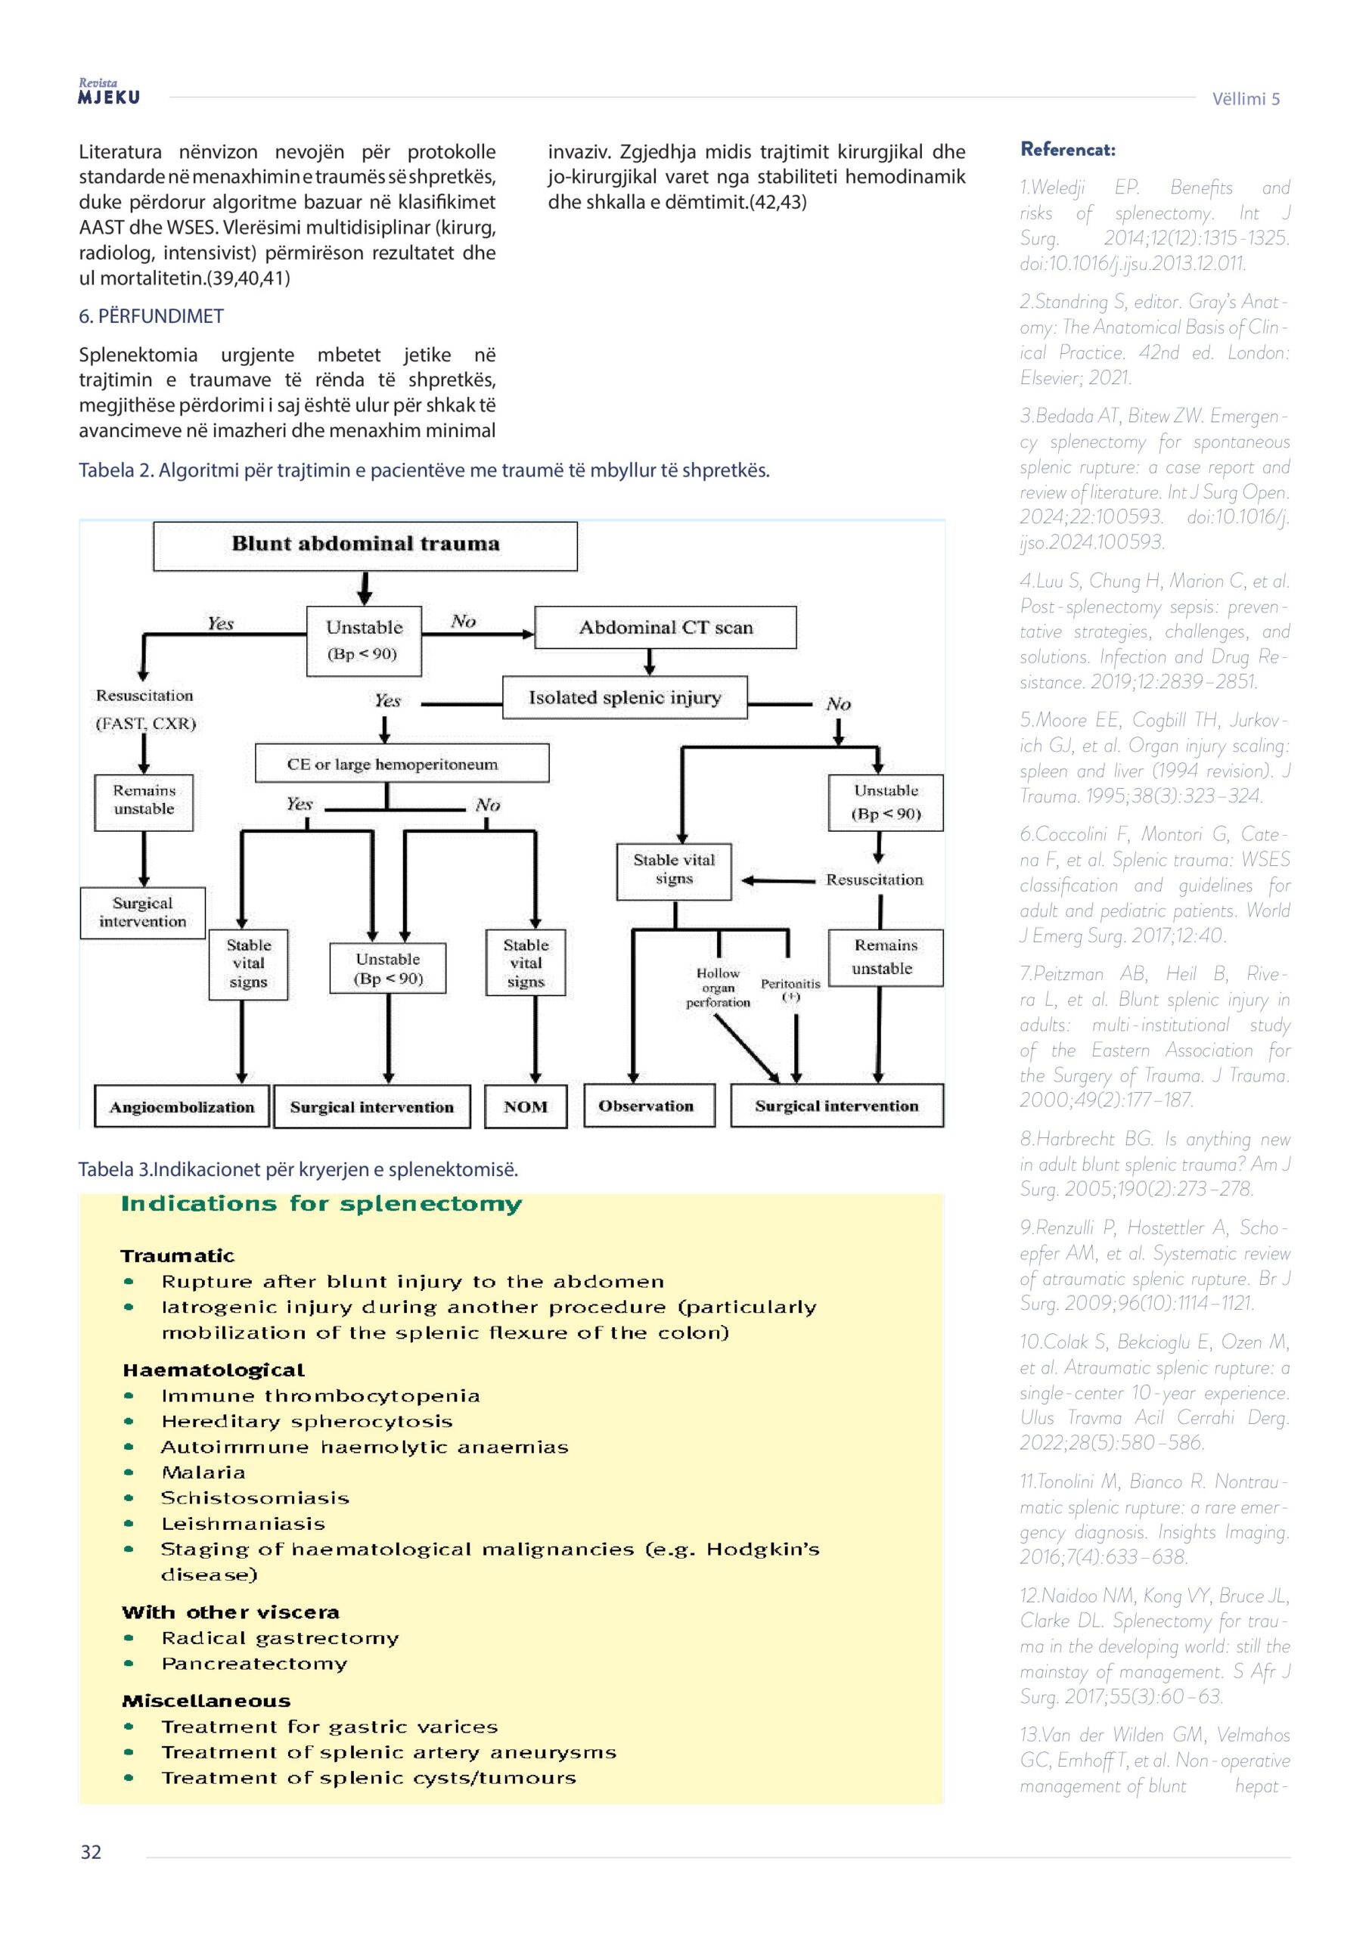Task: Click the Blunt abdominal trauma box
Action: tap(365, 544)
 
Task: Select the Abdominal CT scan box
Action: tap(665, 628)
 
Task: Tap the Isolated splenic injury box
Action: tap(624, 697)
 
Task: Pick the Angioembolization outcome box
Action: tap(182, 1106)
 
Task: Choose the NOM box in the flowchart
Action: tap(525, 1106)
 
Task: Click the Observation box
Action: tap(647, 1106)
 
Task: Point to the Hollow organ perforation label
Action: tap(717, 988)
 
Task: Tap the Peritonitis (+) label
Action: tap(790, 989)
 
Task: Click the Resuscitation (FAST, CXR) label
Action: tap(145, 709)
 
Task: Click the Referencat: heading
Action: tap(1067, 150)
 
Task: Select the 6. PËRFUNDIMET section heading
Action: tap(152, 316)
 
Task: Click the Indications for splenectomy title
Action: tap(321, 1203)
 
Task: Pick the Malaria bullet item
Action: tap(203, 1472)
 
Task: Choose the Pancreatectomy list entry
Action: tap(254, 1664)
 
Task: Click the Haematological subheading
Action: tap(213, 1370)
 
